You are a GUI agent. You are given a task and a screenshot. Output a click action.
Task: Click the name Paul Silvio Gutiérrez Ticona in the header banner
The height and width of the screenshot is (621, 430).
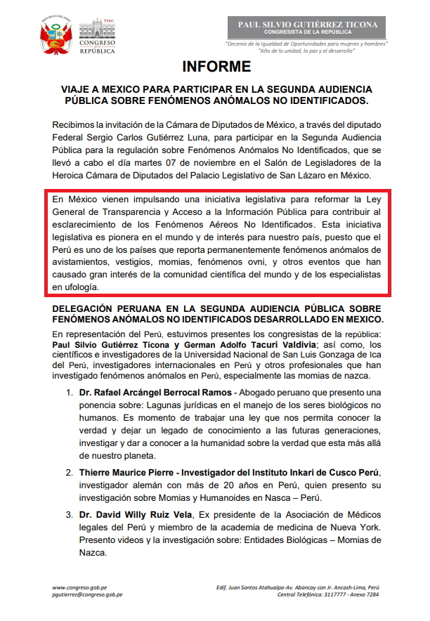(x=308, y=24)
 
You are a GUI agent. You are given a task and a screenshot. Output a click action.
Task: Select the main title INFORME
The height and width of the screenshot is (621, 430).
(x=216, y=67)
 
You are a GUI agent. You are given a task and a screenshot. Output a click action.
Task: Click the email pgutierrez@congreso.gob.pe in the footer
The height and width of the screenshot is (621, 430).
(x=88, y=594)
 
